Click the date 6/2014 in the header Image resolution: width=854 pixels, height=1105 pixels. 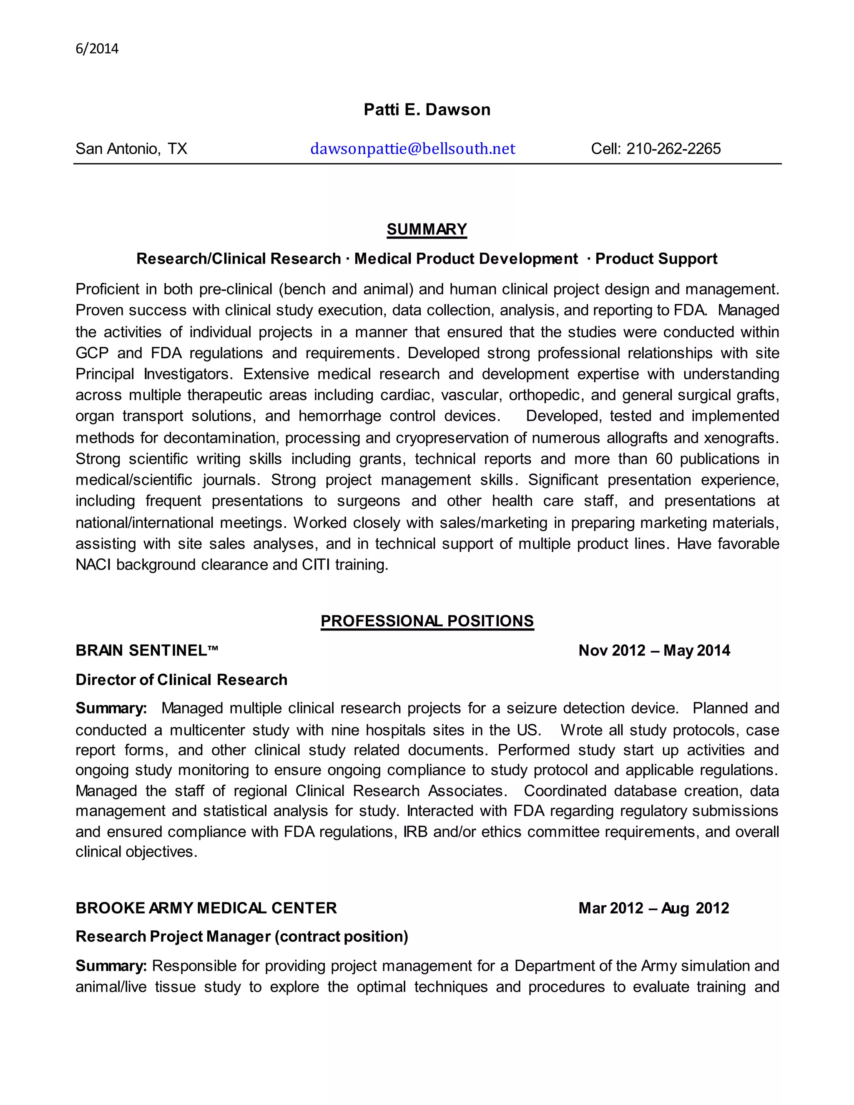point(97,49)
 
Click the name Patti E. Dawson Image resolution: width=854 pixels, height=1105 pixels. point(427,110)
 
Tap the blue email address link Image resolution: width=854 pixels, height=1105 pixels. point(412,149)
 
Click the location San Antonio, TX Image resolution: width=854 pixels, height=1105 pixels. point(131,149)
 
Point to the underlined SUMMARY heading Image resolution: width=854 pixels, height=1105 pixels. point(427,230)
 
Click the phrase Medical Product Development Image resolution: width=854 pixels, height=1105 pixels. point(465,259)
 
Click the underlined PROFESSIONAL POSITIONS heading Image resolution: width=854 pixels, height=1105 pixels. point(427,621)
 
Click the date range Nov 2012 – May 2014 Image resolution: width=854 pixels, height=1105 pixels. point(654,650)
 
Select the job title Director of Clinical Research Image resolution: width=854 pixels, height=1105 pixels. point(181,680)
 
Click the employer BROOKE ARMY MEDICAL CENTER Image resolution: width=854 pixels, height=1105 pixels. point(206,908)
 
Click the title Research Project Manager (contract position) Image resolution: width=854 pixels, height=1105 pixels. point(241,937)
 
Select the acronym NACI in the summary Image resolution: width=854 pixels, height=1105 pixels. point(93,565)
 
